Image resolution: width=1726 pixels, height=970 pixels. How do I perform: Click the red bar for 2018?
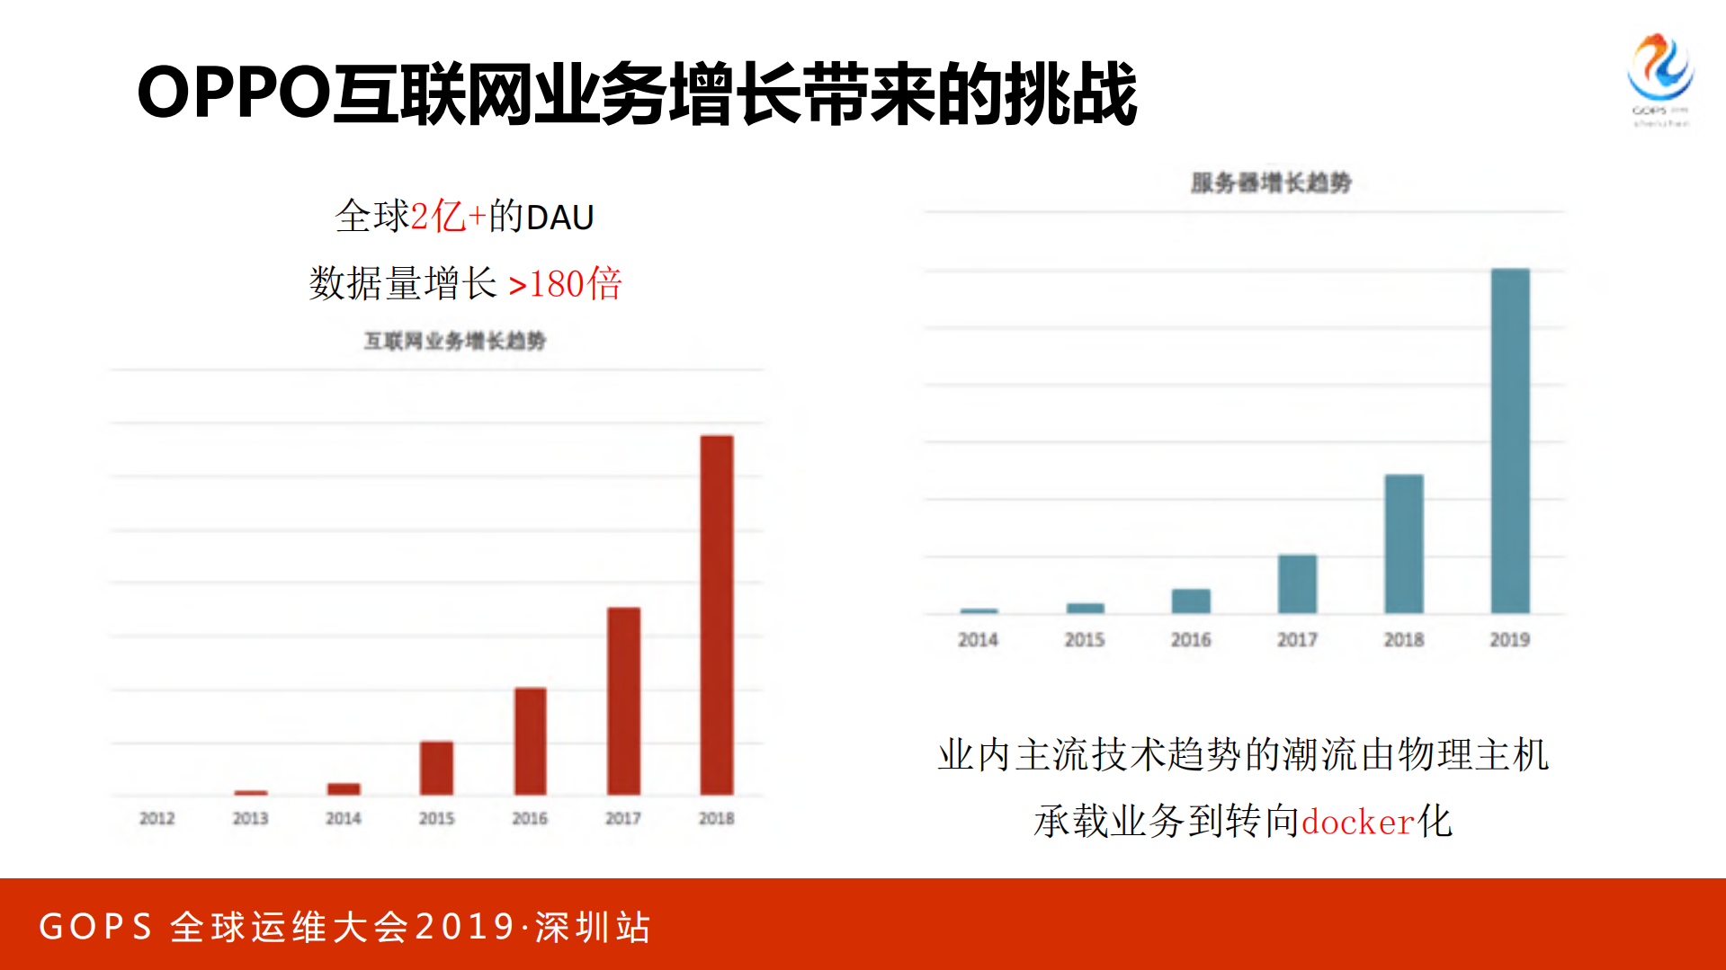717,616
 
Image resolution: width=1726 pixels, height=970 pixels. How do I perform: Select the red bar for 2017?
623,701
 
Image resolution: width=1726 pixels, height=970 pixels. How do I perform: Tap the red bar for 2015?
437,768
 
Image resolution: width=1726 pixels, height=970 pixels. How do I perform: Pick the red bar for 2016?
530,742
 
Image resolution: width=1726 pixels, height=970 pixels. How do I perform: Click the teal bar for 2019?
1510,441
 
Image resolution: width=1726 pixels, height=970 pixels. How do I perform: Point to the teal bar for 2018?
1403,544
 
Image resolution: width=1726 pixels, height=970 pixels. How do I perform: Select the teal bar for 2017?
1297,584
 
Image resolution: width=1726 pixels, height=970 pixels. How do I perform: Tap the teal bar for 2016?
1191,601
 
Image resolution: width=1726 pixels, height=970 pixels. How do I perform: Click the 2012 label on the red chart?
157,818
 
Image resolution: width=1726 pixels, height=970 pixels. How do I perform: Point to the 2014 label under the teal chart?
978,639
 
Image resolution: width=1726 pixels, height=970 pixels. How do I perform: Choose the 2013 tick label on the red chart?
250,818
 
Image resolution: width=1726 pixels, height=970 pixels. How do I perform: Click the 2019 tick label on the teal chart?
1509,639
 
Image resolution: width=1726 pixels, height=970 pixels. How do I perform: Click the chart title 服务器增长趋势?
1270,182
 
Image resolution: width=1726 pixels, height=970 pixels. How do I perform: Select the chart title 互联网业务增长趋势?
454,341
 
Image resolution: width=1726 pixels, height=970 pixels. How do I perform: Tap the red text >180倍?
565,284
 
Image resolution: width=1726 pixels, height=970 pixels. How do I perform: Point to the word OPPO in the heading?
234,93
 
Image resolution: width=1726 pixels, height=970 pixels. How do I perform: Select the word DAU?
559,218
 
